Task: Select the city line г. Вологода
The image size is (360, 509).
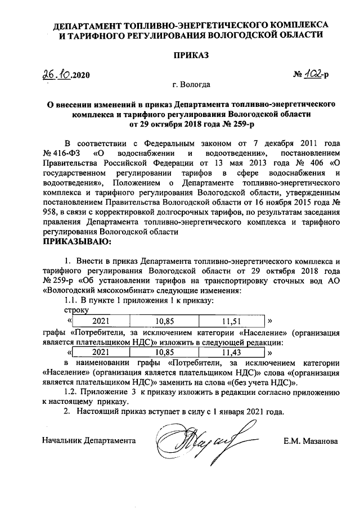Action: [x=192, y=85]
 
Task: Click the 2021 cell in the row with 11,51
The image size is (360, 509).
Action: [x=101, y=321]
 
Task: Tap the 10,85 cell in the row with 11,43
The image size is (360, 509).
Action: [x=165, y=353]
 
